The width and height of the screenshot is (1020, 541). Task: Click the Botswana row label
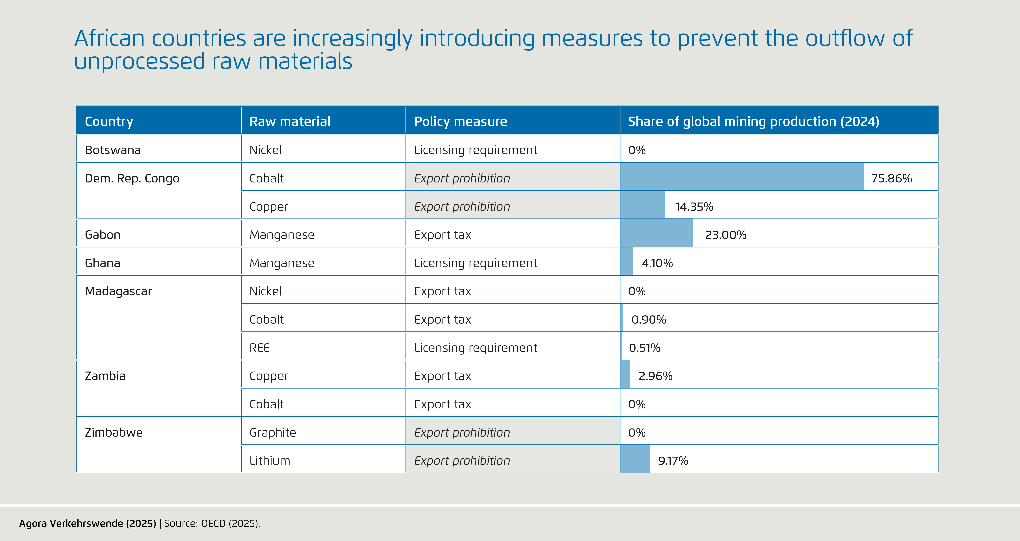coord(113,150)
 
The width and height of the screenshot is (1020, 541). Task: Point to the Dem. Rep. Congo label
coord(132,178)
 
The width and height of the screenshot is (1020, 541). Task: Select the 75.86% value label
coord(891,178)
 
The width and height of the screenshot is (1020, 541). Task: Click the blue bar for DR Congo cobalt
coord(742,177)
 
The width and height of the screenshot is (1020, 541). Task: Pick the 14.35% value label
coord(694,207)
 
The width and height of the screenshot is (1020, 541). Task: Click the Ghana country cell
coord(103,263)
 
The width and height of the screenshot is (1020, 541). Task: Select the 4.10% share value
coord(657,263)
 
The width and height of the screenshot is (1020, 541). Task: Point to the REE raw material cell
coord(259,348)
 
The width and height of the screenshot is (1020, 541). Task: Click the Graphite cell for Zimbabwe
coord(272,433)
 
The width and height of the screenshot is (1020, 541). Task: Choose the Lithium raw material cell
coord(270,461)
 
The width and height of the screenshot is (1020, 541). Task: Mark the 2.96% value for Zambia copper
coord(655,376)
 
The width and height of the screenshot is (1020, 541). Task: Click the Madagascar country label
coord(118,291)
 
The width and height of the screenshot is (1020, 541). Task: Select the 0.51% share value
coord(644,348)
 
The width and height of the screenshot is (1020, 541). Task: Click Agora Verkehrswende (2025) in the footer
coord(88,524)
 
